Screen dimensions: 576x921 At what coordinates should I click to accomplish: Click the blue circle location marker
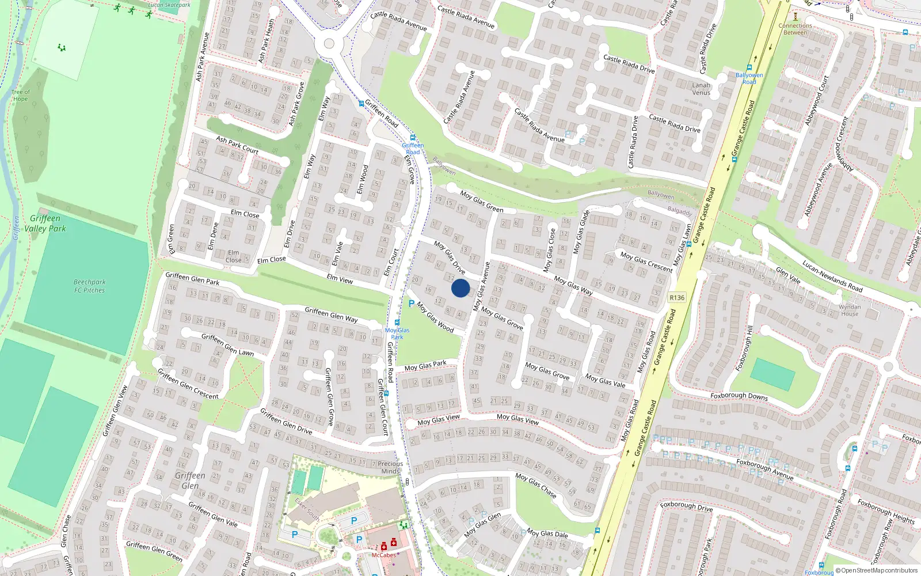(461, 288)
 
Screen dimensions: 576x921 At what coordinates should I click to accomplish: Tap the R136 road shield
(677, 298)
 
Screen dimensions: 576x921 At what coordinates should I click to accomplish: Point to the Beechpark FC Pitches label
(90, 286)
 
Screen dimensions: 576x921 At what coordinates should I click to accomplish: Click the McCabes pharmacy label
(383, 555)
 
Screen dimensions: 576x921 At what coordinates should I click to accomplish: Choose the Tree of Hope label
(20, 96)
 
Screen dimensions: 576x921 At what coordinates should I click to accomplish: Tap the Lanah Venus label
(701, 89)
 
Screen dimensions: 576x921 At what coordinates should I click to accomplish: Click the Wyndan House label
(850, 310)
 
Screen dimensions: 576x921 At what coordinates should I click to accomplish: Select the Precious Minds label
(390, 467)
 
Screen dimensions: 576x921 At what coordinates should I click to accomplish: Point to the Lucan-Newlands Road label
(832, 276)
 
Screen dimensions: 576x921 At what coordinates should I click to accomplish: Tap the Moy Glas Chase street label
(536, 486)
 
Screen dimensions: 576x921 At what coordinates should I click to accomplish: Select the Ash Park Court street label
(237, 145)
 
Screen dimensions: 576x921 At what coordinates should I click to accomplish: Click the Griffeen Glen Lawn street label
(227, 344)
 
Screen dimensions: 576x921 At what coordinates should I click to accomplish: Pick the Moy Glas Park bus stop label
(397, 334)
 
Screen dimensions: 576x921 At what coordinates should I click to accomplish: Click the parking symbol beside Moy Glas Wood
(412, 304)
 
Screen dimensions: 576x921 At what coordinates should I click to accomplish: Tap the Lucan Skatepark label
(169, 5)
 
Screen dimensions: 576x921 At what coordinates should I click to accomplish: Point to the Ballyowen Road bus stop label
(749, 78)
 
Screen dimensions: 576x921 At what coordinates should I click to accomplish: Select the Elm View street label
(340, 279)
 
